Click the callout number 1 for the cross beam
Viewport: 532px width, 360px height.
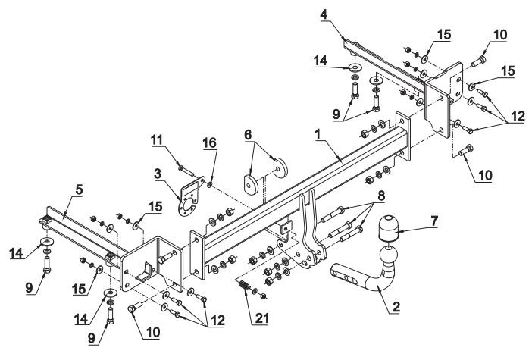tap(318, 135)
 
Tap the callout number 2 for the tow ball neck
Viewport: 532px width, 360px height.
tap(396, 306)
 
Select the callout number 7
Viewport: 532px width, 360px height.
tap(434, 221)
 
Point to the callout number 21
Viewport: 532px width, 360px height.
tap(261, 318)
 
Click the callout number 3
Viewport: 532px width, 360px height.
tap(158, 174)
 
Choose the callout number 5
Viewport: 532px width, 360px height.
tap(79, 190)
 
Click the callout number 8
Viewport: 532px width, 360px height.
tap(381, 196)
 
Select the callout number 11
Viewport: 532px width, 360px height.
tap(157, 139)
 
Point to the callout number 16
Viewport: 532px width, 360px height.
tap(210, 142)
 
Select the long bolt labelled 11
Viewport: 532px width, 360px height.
tap(186, 171)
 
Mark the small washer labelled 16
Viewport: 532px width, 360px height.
tap(209, 184)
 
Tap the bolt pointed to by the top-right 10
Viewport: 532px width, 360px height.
tap(479, 61)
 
